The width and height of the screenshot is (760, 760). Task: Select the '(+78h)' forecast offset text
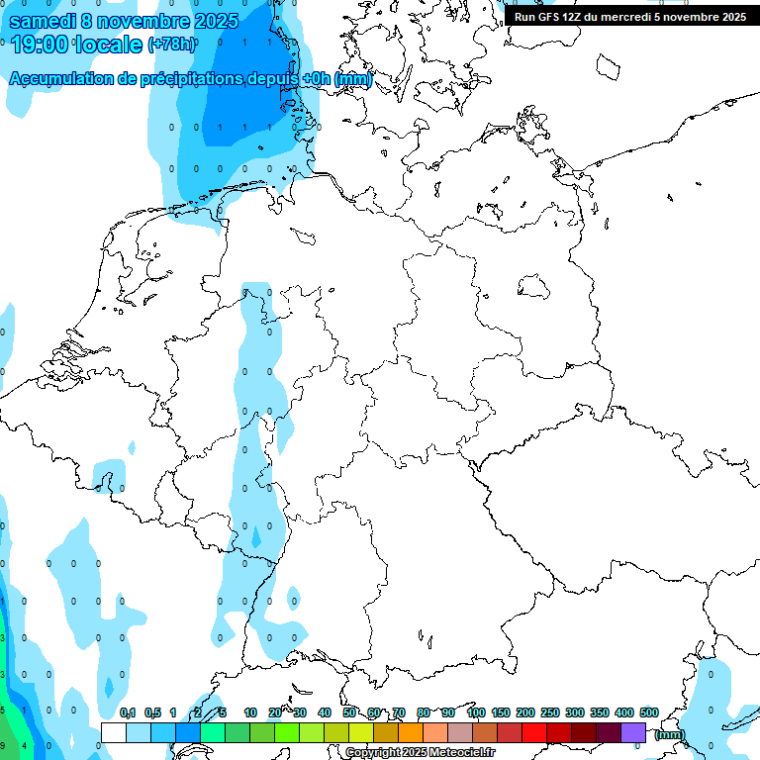click(170, 45)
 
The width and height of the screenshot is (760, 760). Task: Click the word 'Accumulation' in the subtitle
click(61, 79)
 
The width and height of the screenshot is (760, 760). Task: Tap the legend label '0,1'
click(128, 712)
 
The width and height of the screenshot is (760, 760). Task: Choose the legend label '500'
click(649, 712)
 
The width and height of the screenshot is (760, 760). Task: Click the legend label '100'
click(475, 712)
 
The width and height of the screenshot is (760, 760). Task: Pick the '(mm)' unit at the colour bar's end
click(669, 734)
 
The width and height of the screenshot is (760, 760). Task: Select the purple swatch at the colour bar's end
click(633, 732)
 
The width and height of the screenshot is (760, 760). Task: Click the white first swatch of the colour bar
click(114, 732)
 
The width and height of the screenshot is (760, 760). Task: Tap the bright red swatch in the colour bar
click(534, 732)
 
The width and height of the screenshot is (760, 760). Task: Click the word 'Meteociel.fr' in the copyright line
click(461, 753)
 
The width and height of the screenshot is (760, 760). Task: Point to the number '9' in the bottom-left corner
click(3, 745)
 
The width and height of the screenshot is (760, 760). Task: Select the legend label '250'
click(549, 712)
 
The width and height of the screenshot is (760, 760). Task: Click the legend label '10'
click(250, 712)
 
